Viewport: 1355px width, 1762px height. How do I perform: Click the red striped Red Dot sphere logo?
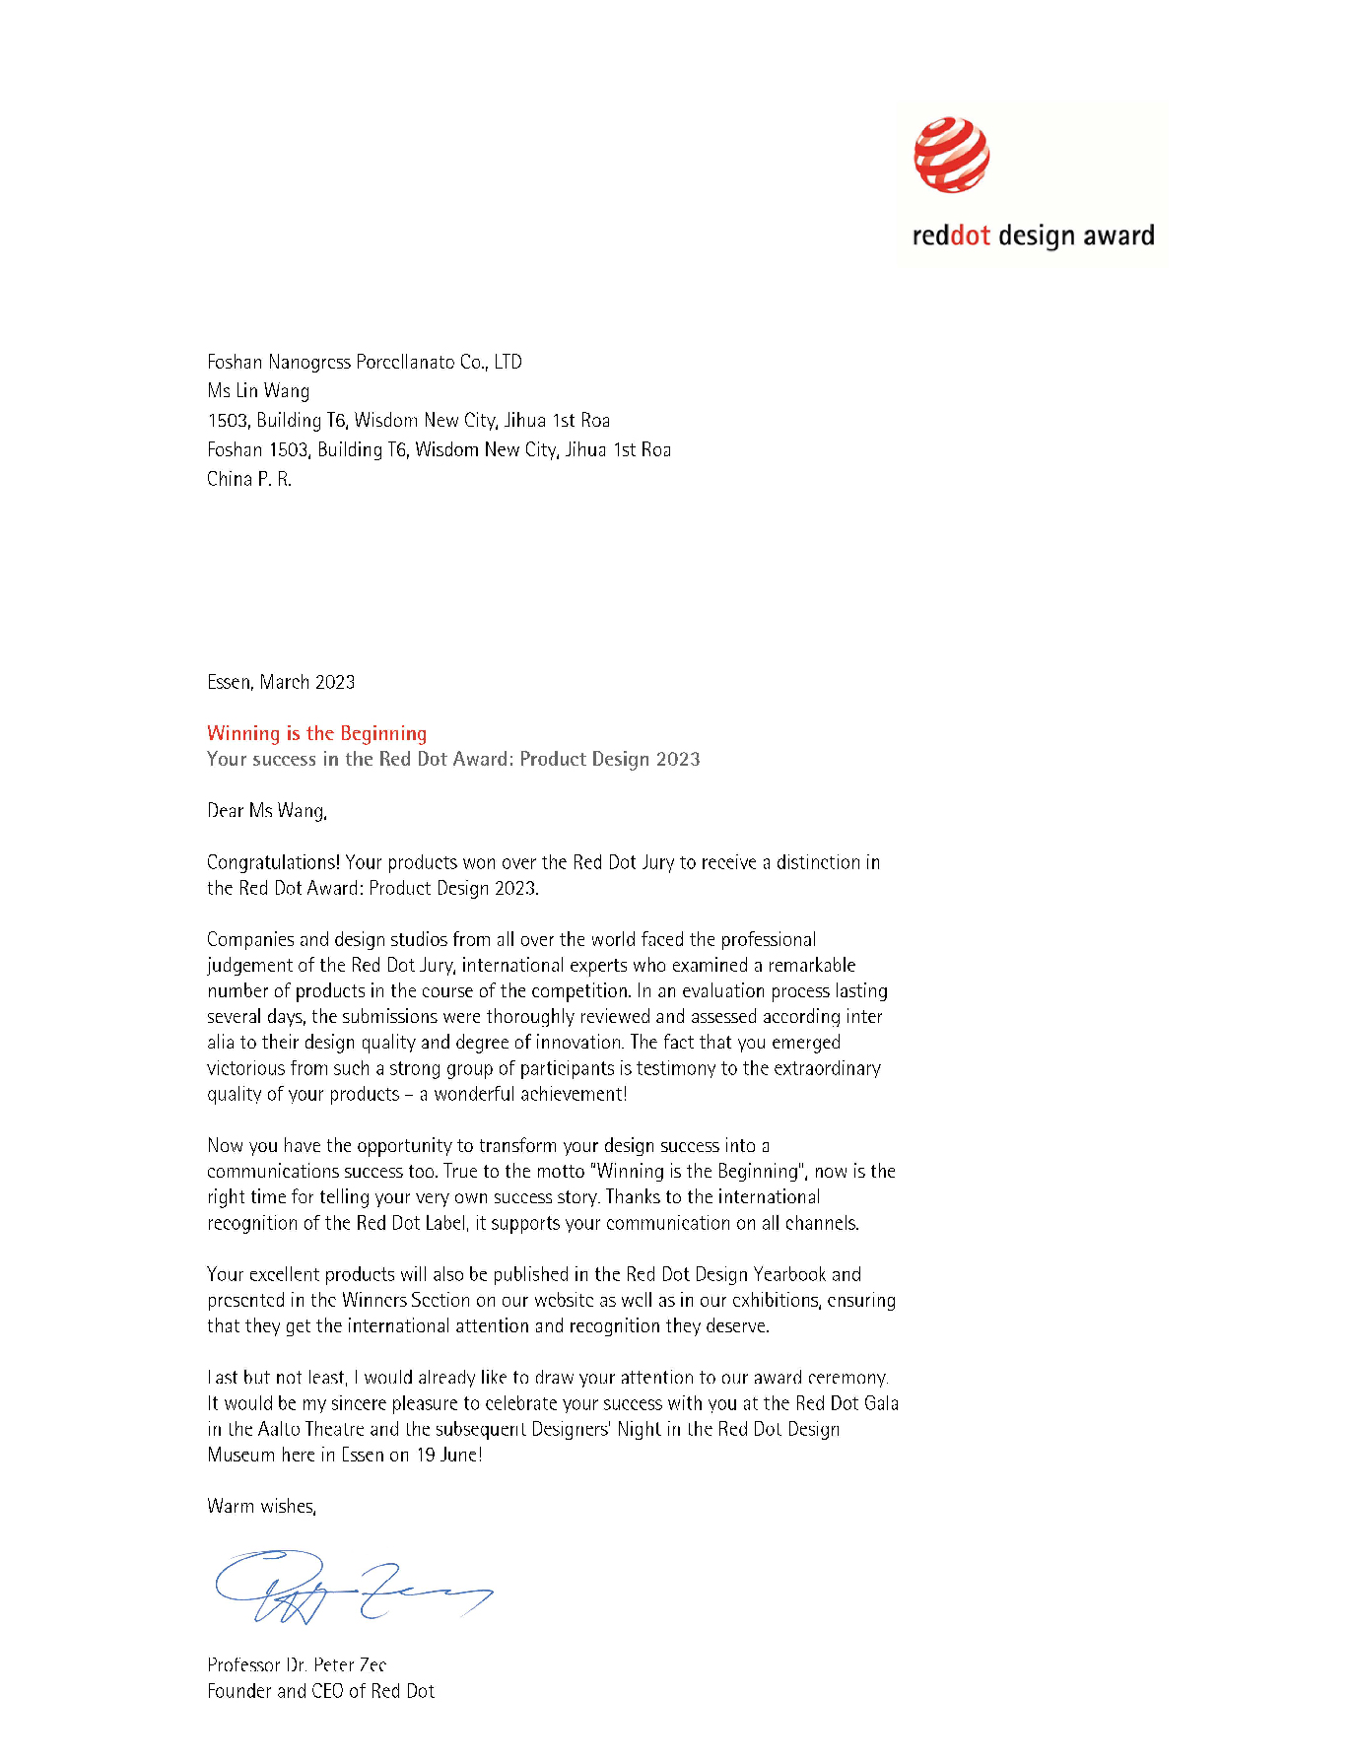[x=951, y=156]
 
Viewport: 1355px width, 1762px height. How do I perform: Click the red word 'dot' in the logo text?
[x=970, y=237]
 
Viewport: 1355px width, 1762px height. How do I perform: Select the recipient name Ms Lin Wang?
[x=258, y=391]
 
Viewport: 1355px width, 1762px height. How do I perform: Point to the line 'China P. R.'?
[x=249, y=479]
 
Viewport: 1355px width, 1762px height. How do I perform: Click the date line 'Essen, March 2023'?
[x=281, y=682]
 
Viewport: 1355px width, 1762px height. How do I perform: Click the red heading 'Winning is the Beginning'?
[x=316, y=733]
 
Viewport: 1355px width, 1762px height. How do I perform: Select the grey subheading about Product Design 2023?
[x=453, y=759]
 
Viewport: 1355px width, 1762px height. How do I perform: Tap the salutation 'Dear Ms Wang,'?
[x=267, y=811]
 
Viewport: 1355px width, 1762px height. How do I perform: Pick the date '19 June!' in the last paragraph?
[x=449, y=1455]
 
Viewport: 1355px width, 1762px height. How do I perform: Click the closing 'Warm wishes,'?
[x=261, y=1506]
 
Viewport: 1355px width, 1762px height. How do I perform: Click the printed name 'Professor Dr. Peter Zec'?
[x=297, y=1664]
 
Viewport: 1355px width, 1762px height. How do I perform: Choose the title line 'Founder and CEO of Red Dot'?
[x=320, y=1691]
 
